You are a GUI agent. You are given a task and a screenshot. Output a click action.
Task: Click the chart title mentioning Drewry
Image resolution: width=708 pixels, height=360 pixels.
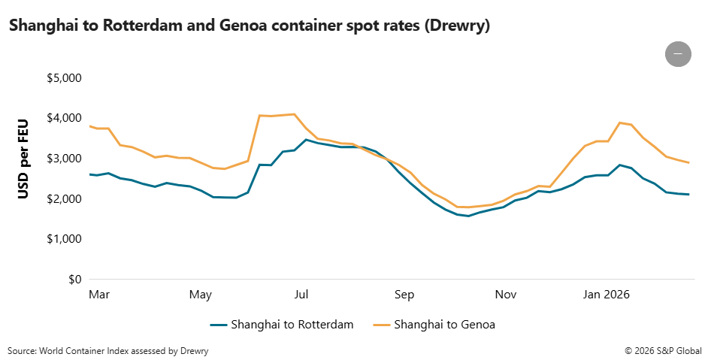(250, 26)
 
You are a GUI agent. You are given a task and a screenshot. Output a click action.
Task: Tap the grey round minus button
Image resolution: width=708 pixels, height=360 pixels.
(678, 53)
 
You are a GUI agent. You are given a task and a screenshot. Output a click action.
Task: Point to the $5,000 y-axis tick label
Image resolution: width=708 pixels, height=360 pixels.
(64, 78)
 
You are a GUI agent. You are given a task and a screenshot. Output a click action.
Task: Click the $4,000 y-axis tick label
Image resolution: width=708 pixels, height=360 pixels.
(64, 119)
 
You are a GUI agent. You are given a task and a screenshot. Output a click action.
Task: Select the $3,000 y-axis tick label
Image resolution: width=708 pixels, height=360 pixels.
(64, 159)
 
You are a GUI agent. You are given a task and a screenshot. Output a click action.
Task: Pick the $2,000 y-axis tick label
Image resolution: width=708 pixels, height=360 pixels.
(64, 199)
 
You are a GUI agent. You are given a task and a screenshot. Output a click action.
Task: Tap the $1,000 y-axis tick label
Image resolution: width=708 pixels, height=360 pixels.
(64, 239)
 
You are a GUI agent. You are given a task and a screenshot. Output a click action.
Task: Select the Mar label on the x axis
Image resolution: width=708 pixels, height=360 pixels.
(98, 295)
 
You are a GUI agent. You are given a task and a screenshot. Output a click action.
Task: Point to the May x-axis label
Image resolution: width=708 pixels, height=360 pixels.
(201, 295)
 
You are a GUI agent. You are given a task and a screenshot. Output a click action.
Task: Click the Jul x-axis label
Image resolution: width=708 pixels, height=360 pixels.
(301, 295)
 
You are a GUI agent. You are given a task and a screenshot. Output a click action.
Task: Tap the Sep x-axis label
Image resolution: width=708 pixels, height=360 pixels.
(404, 295)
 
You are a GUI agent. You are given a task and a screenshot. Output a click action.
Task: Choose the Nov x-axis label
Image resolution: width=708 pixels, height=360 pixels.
(506, 295)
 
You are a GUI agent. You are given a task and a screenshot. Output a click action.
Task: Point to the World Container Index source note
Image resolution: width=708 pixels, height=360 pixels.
(108, 351)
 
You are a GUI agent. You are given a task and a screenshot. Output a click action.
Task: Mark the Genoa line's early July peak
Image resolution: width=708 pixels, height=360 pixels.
(293, 114)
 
